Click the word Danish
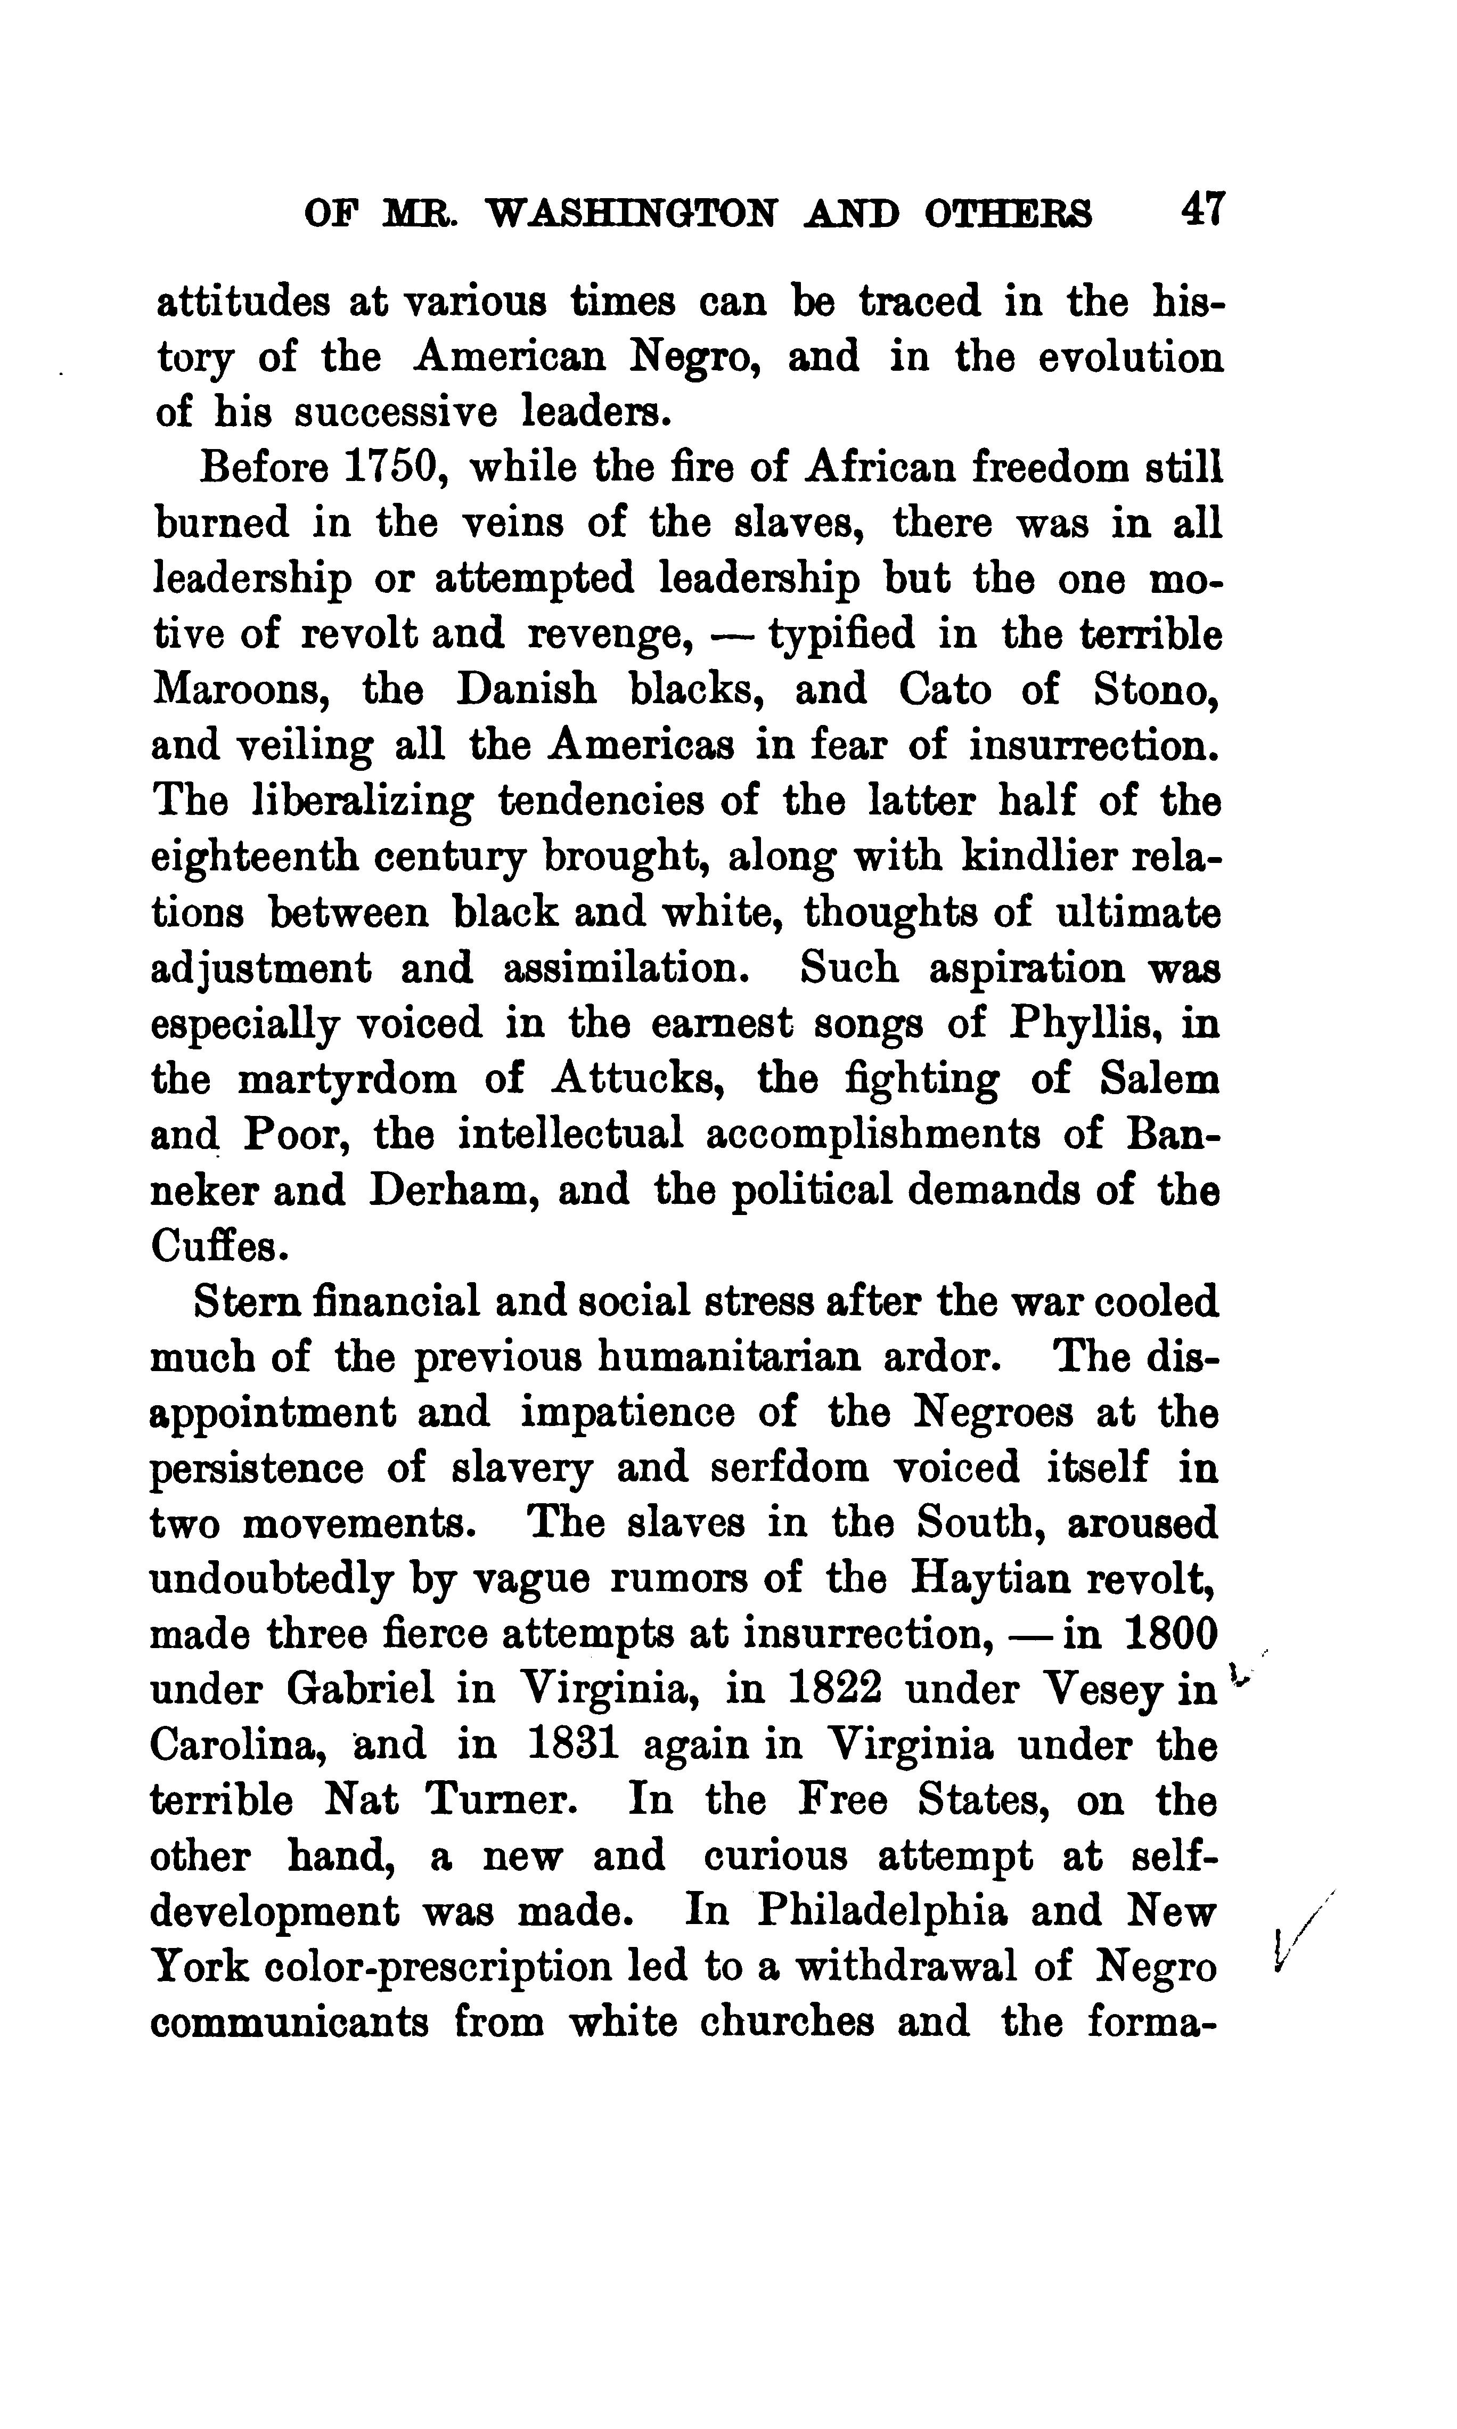(x=526, y=690)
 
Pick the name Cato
(x=945, y=690)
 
